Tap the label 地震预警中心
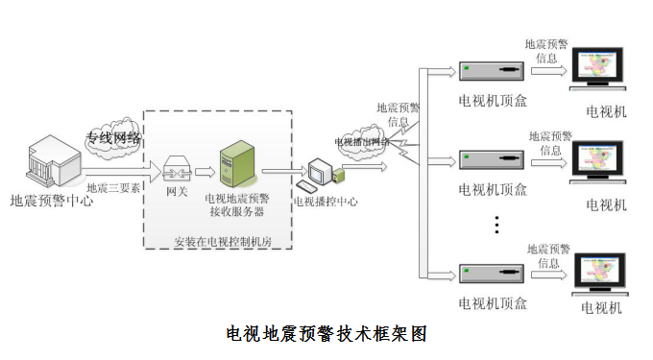pyautogui.click(x=51, y=202)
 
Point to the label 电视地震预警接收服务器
pyautogui.click(x=237, y=204)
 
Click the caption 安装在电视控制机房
pyautogui.click(x=222, y=241)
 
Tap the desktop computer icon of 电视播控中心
pyautogui.click(x=321, y=173)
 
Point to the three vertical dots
pyautogui.click(x=496, y=225)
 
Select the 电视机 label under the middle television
pyautogui.click(x=606, y=205)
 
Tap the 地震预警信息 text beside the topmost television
pyautogui.click(x=547, y=51)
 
